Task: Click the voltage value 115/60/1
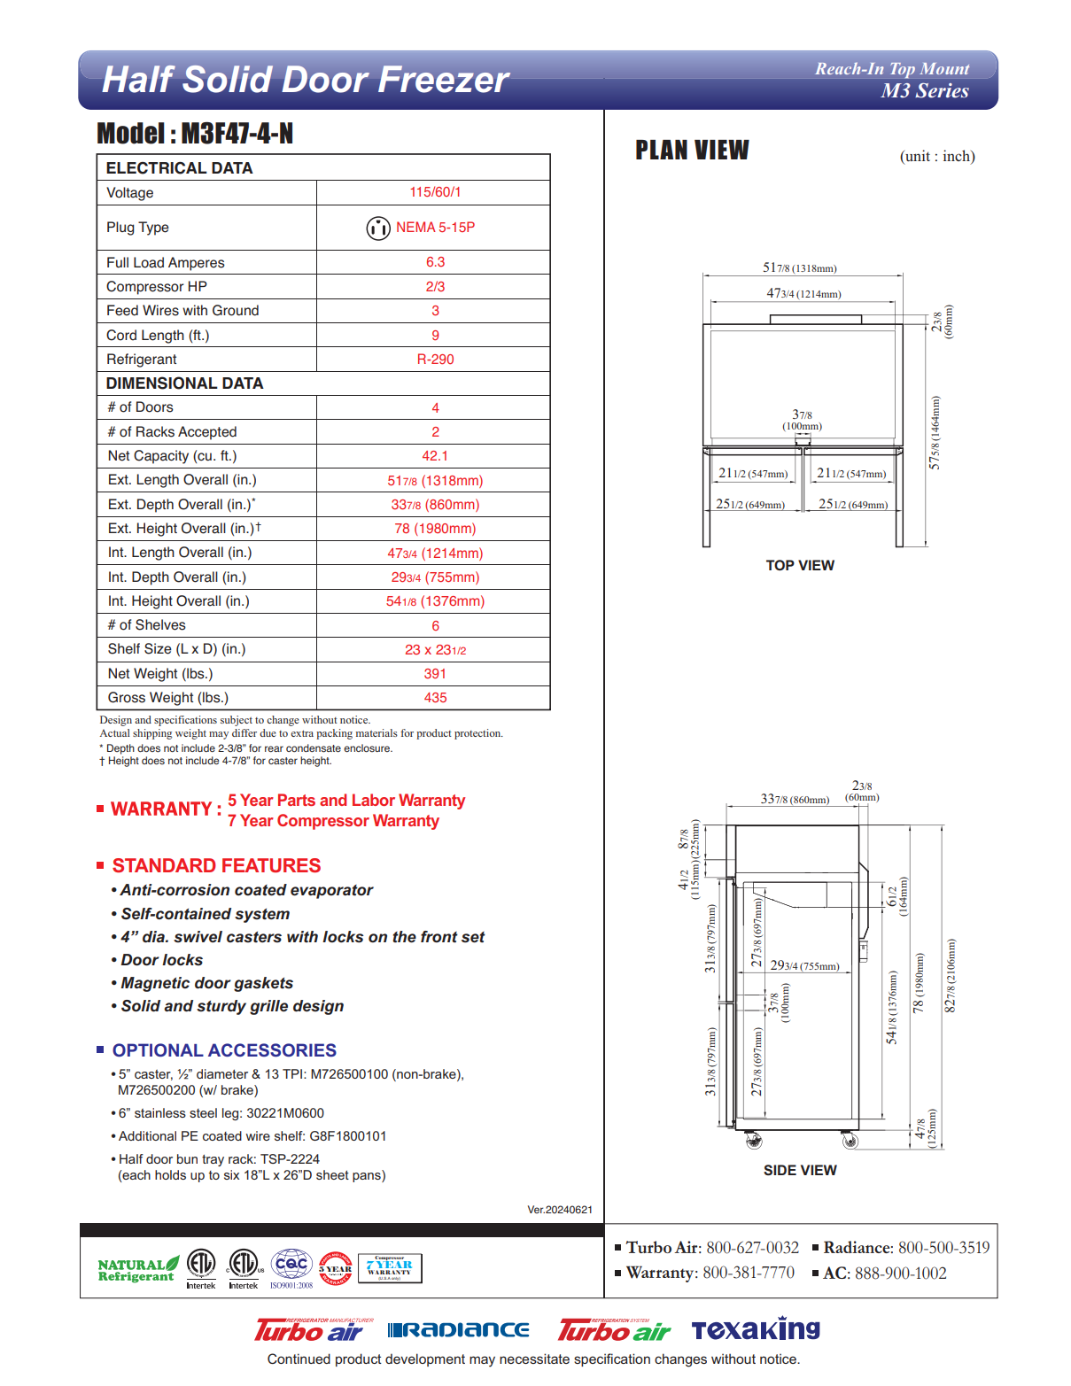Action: (435, 192)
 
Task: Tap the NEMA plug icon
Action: (378, 228)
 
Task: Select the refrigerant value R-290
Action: (435, 360)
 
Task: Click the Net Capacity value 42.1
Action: (435, 456)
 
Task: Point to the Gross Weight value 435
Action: (435, 698)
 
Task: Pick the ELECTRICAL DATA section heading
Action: (179, 168)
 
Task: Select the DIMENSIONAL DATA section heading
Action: (184, 383)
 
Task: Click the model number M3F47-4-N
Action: (237, 134)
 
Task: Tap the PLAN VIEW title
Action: (692, 151)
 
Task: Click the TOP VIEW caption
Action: (800, 566)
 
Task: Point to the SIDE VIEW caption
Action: (800, 1171)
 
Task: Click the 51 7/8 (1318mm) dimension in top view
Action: (799, 267)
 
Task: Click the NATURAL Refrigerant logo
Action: (137, 1270)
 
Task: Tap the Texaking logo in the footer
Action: (756, 1329)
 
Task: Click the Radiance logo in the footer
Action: (459, 1330)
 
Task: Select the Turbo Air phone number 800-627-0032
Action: (752, 1248)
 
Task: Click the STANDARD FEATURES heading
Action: (216, 866)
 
